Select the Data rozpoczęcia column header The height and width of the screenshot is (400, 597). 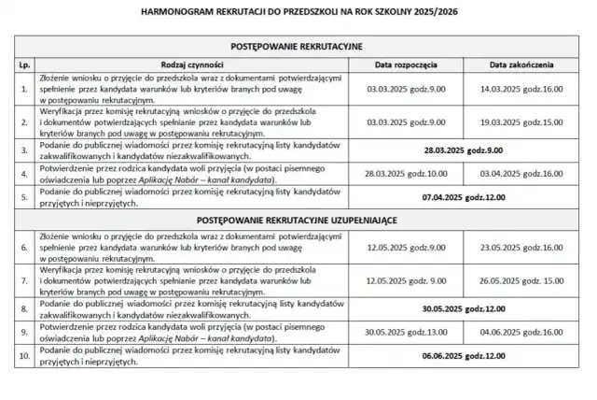coord(406,65)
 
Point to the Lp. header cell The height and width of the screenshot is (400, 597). coord(24,65)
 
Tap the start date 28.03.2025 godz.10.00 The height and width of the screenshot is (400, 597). coord(406,174)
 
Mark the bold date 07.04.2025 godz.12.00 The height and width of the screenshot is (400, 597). coord(464,197)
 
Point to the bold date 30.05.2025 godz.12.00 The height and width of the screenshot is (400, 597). coord(464,307)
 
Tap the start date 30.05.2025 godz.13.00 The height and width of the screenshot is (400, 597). coord(406,331)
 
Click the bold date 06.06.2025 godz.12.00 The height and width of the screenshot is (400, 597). coord(464,355)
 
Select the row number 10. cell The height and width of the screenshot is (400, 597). coord(24,355)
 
